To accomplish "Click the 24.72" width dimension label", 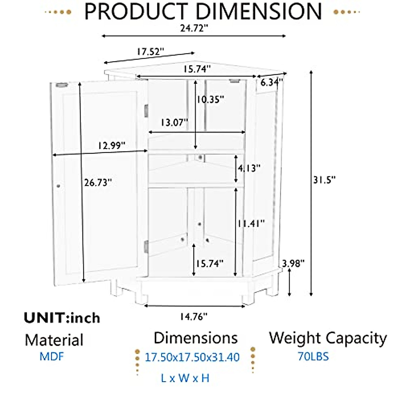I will coord(194,28).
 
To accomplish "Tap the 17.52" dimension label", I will coord(150,52).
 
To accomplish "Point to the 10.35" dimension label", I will coord(210,99).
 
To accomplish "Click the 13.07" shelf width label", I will coord(174,123).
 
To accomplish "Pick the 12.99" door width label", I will coord(112,146).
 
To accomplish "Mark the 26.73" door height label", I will coord(98,183).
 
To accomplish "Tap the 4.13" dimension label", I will coord(249,168).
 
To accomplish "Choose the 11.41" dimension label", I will coord(251,223).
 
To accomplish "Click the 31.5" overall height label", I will coord(324,180).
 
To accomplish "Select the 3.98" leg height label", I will coord(293,263).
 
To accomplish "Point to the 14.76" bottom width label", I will coord(194,316).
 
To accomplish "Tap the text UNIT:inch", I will coord(62,318).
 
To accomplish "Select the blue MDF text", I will coord(51,356).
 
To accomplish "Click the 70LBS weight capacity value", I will coord(313,356).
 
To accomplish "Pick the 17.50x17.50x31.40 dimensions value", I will coord(192,357).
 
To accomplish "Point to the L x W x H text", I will coord(185,378).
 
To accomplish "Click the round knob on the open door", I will coord(58,186).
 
